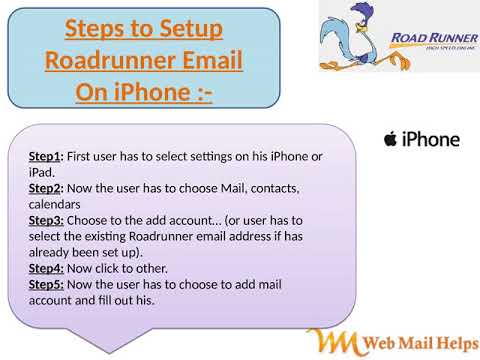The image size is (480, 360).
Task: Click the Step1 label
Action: (x=46, y=156)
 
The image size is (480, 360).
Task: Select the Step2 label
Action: (x=46, y=187)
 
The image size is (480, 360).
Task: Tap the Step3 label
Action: (x=46, y=219)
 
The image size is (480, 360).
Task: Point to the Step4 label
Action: (x=46, y=267)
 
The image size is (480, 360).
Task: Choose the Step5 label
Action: (x=46, y=283)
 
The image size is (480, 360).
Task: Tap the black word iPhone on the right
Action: (x=430, y=139)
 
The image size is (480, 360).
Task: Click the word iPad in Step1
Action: (x=39, y=172)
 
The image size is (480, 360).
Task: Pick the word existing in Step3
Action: (x=119, y=235)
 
